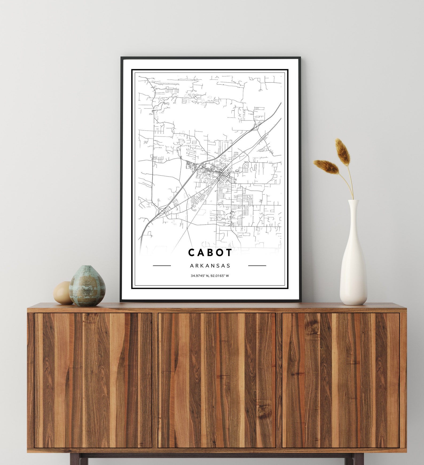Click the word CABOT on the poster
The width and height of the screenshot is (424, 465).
(210, 252)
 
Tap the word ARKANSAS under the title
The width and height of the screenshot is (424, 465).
(210, 266)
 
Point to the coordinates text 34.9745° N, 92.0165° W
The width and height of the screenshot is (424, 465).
(210, 276)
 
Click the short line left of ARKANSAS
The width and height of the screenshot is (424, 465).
(162, 266)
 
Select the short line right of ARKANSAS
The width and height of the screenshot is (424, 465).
(257, 266)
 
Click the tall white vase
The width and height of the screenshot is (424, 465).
(353, 267)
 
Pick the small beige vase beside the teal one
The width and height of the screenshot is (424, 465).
(62, 293)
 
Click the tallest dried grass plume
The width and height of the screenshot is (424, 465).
(343, 151)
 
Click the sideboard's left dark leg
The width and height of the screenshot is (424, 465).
(75, 460)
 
